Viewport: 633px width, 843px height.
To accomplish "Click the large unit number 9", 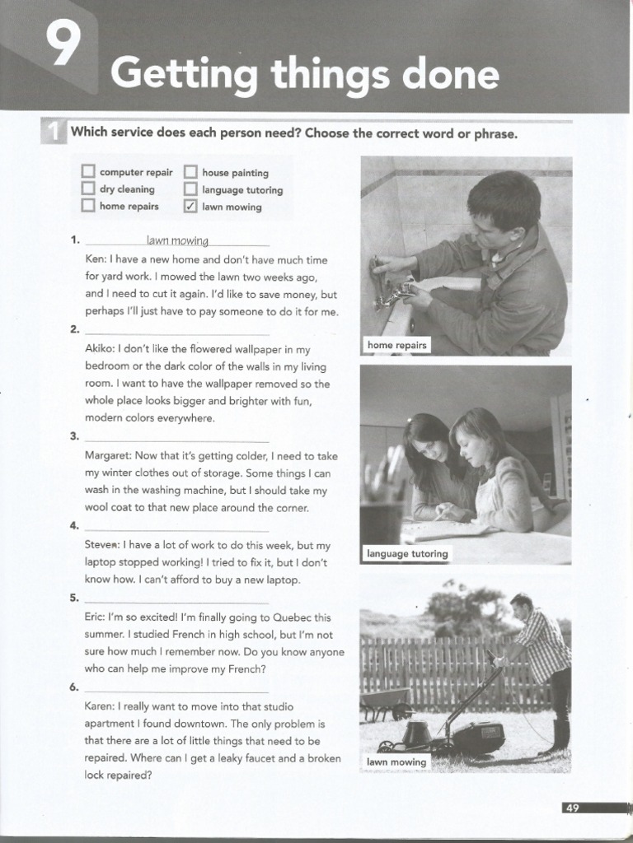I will click(x=62, y=48).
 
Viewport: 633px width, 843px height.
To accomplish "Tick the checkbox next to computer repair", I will click(x=88, y=172).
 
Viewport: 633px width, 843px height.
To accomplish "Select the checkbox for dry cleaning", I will click(x=88, y=189).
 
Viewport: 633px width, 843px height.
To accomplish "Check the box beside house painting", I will click(x=190, y=172).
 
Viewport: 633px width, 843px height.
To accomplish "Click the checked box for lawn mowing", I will click(x=190, y=207).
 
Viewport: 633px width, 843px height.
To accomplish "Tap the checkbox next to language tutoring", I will click(x=190, y=189).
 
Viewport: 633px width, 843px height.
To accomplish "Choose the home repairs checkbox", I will click(x=88, y=206).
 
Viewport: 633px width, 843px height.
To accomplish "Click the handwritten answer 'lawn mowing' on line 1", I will click(x=177, y=240).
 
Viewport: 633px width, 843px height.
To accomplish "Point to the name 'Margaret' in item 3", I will click(x=108, y=455).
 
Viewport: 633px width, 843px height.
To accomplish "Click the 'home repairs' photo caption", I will click(x=396, y=345).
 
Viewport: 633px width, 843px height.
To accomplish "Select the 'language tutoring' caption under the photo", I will click(x=407, y=554).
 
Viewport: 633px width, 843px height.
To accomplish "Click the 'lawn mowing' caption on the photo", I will click(x=396, y=762).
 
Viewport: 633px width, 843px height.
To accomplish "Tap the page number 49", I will click(x=572, y=808).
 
